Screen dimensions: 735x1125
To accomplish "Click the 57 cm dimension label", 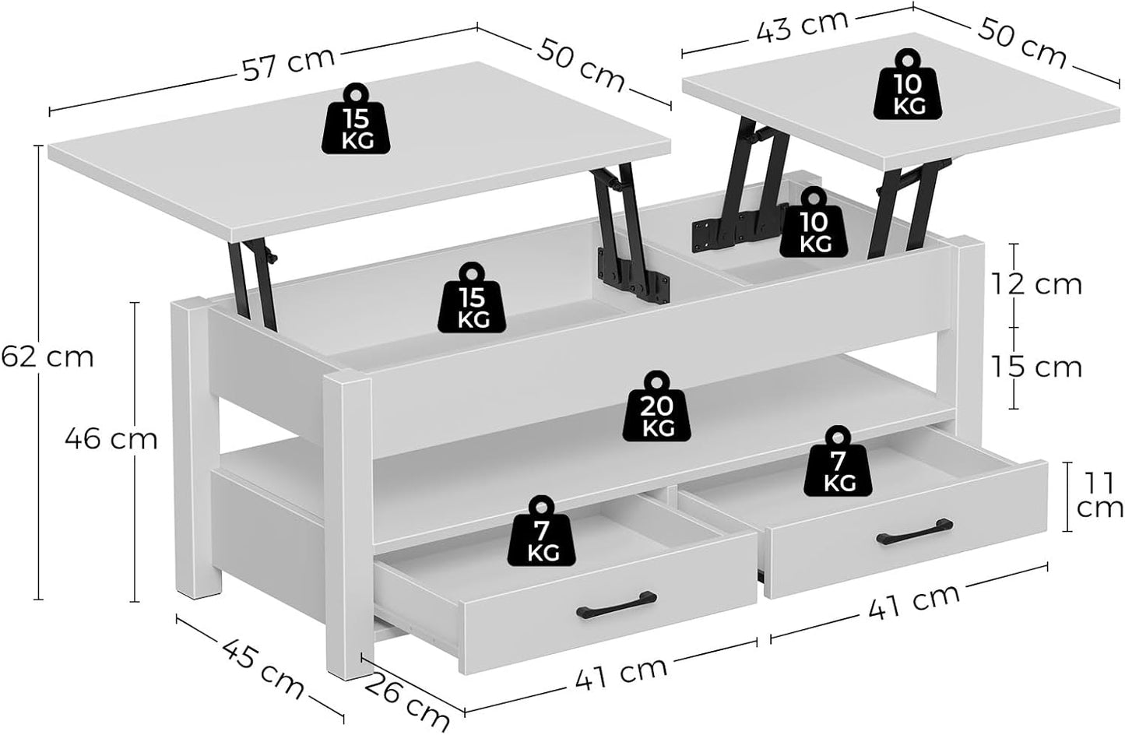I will click(x=288, y=62).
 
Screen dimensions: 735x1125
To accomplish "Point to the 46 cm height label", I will click(x=111, y=439).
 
